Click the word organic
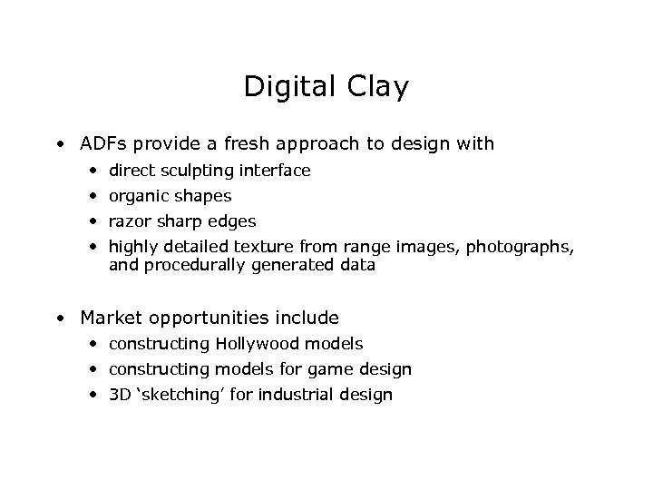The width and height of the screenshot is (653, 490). [x=138, y=196]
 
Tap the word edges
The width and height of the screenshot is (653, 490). [x=231, y=221]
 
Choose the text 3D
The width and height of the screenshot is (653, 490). [x=121, y=395]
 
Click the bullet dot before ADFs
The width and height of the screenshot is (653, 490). [x=59, y=144]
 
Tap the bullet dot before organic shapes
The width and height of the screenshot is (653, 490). [x=94, y=196]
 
